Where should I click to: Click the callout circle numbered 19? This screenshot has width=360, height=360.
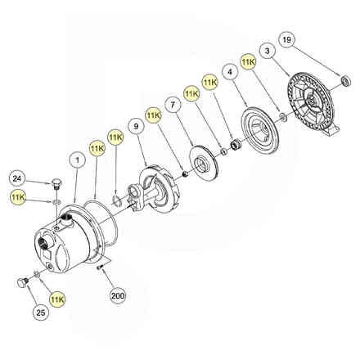286,40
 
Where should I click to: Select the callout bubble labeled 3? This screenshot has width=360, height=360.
267,51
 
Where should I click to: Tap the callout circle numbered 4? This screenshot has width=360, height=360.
230,72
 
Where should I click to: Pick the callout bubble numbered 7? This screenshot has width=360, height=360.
173,105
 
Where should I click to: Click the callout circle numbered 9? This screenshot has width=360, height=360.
136,126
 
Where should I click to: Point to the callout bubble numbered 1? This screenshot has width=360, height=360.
78,160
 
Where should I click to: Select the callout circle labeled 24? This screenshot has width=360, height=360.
17,179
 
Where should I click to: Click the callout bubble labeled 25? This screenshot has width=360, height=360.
41,313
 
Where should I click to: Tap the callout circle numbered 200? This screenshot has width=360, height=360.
118,295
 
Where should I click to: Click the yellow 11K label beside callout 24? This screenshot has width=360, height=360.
18,198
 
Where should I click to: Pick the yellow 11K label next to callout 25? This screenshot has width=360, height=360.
57,299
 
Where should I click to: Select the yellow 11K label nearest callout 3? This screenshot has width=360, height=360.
248,62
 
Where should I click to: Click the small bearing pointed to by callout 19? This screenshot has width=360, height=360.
346,81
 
